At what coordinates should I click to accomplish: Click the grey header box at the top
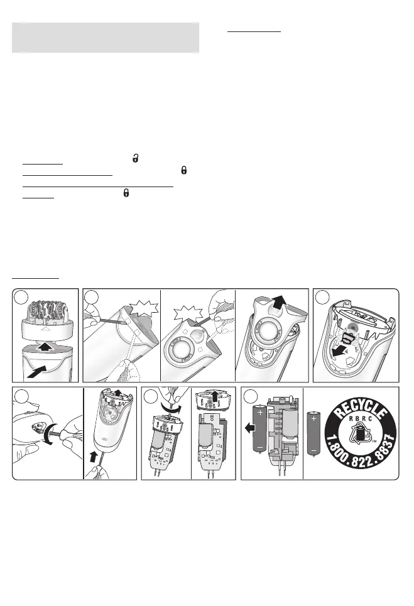(x=106, y=38)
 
